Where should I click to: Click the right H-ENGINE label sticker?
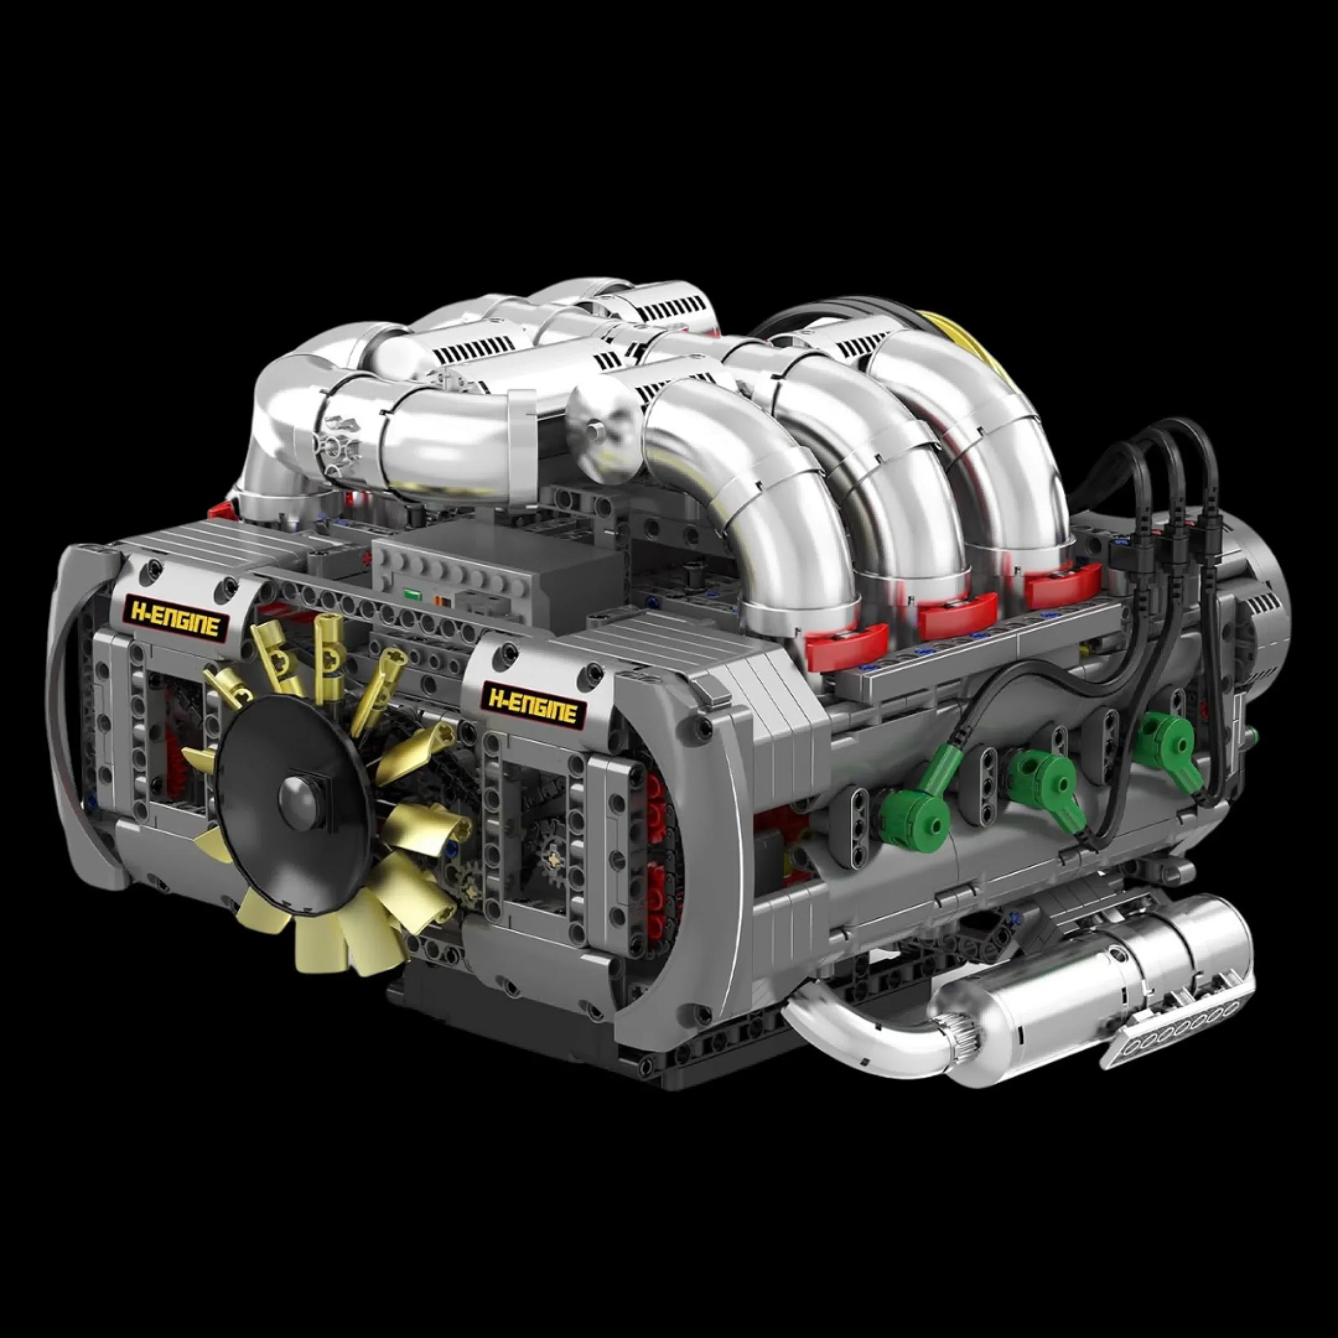(x=533, y=704)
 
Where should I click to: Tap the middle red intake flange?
(x=958, y=609)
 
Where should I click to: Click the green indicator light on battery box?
(x=413, y=594)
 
